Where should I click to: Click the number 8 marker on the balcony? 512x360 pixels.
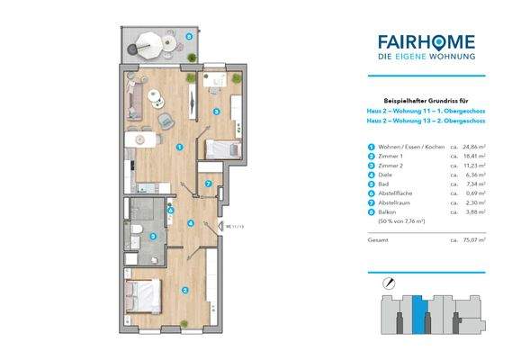(x=187, y=37)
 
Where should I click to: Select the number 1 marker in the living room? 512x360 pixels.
(x=180, y=147)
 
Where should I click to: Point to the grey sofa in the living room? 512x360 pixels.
(x=135, y=96)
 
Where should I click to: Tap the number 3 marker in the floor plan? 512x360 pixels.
(x=216, y=112)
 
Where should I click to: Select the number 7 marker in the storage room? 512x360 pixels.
(x=209, y=184)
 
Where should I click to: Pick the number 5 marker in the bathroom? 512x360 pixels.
(x=153, y=237)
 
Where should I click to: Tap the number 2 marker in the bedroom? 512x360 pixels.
(x=184, y=290)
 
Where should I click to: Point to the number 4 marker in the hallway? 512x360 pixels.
(x=190, y=223)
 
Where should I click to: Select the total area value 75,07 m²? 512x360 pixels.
(x=469, y=241)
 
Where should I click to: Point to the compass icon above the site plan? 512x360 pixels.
(x=387, y=282)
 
